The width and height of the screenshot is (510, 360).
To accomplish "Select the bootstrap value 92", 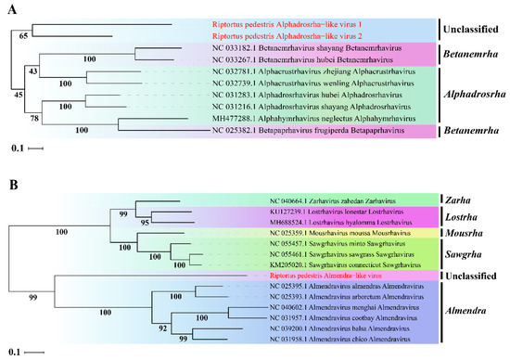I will pos(193,328).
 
